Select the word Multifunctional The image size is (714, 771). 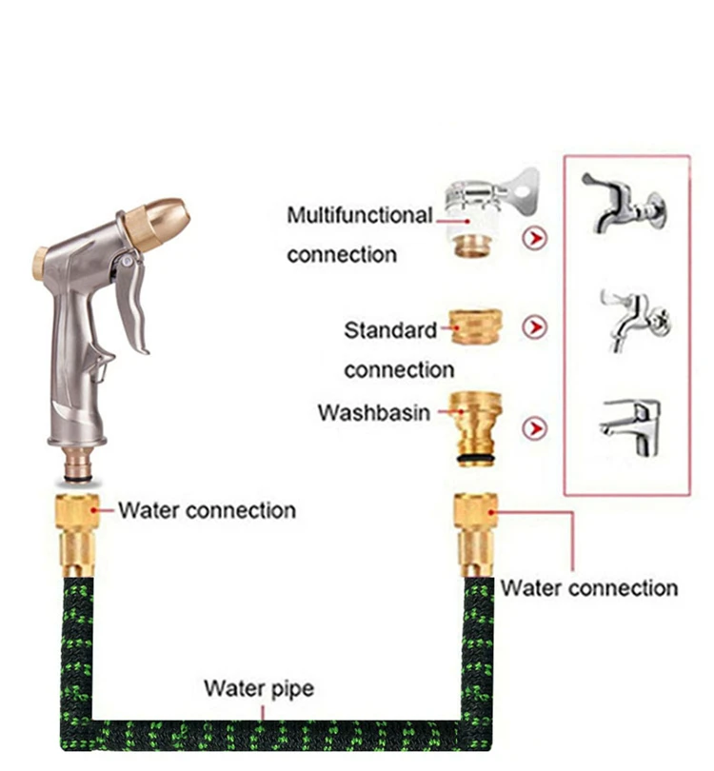359,215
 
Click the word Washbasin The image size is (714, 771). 373,414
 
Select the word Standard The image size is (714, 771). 390,331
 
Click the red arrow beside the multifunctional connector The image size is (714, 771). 536,238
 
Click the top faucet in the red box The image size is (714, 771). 623,204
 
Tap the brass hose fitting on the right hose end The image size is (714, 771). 476,534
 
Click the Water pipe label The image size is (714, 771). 258,687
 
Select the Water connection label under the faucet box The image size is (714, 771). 588,587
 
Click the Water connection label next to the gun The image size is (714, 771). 207,510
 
